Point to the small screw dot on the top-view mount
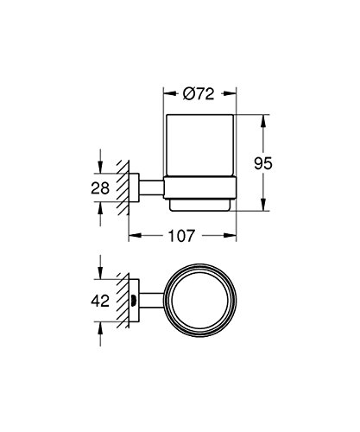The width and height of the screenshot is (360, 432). click(136, 302)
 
